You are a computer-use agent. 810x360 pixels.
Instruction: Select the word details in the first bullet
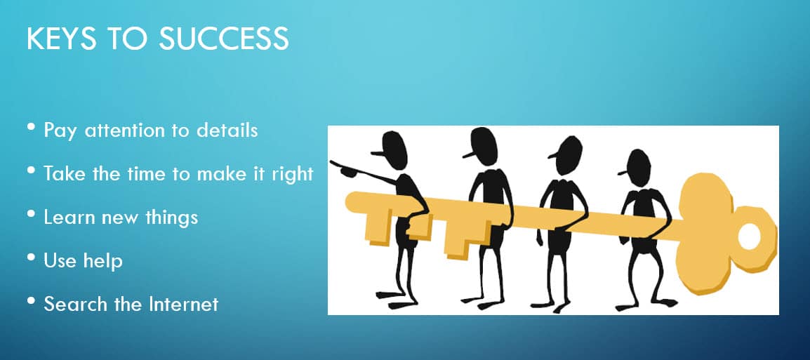point(227,130)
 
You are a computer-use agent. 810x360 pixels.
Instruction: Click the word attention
point(127,130)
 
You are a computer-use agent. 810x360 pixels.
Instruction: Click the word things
point(171,218)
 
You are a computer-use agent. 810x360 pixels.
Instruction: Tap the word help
point(105,261)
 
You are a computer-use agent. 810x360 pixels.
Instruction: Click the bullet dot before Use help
point(32,258)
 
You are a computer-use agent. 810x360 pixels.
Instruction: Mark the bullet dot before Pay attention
point(32,126)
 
